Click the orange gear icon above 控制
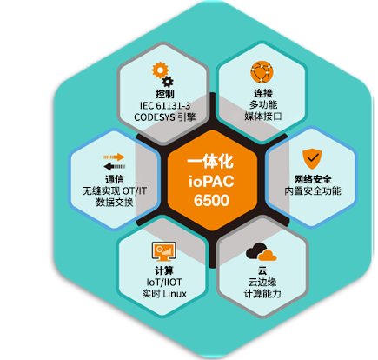coord(160,70)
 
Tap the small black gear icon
coord(168,82)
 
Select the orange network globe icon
coord(262,72)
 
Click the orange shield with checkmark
coord(312,159)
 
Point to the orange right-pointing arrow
coord(114,157)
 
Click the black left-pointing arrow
coord(115,166)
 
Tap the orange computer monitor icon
coord(164,251)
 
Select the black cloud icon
coord(256,251)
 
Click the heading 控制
coord(165,94)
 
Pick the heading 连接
coord(263,93)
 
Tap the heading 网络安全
coord(313,179)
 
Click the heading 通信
coord(114,179)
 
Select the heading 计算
coord(164,270)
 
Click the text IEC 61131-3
coord(165,105)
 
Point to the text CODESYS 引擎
coord(165,117)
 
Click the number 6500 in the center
coord(211,200)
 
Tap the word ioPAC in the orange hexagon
coord(211,181)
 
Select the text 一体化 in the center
coord(210,162)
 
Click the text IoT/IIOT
coord(164,282)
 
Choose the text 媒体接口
coord(263,117)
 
